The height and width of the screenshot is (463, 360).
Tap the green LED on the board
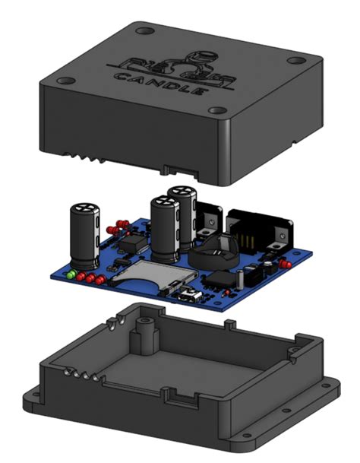click(71, 274)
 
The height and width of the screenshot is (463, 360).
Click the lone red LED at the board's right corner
click(286, 264)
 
